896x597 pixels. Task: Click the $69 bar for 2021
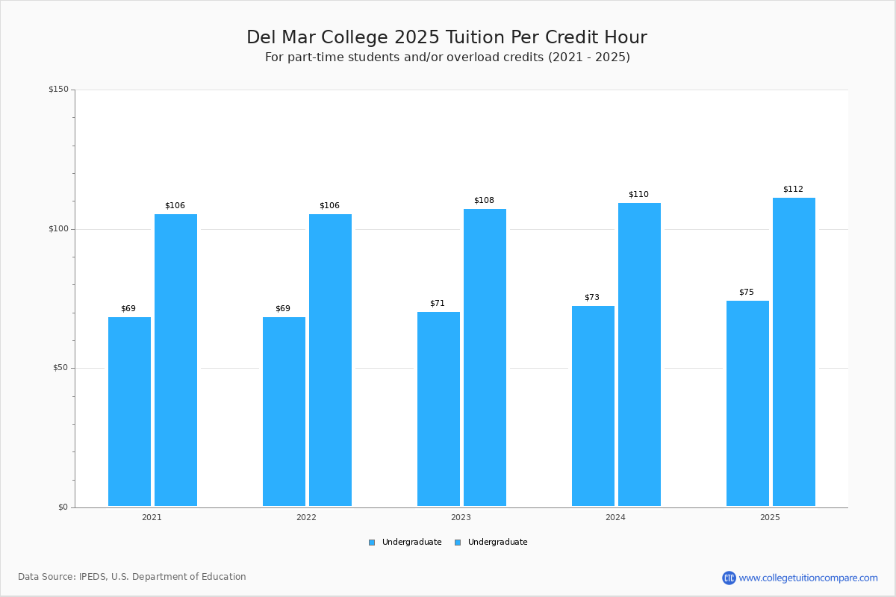[129, 412]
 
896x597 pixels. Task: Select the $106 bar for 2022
[330, 360]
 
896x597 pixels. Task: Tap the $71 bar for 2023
[438, 409]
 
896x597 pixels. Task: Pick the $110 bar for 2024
[639, 354]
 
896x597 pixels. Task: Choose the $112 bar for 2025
[794, 352]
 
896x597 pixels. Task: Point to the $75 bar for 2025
[747, 404]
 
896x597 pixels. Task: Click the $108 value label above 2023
[484, 200]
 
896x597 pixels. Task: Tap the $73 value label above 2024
[591, 297]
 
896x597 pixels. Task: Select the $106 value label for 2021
[175, 205]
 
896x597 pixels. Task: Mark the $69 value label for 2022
[283, 308]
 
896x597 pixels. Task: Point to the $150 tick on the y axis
[58, 90]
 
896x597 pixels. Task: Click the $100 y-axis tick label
[58, 229]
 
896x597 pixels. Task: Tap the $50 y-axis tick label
[60, 368]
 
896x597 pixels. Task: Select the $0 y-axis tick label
[63, 507]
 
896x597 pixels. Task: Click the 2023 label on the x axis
[461, 517]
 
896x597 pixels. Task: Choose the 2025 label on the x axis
[770, 517]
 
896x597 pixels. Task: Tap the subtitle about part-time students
[447, 57]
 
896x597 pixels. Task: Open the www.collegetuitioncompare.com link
[808, 578]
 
